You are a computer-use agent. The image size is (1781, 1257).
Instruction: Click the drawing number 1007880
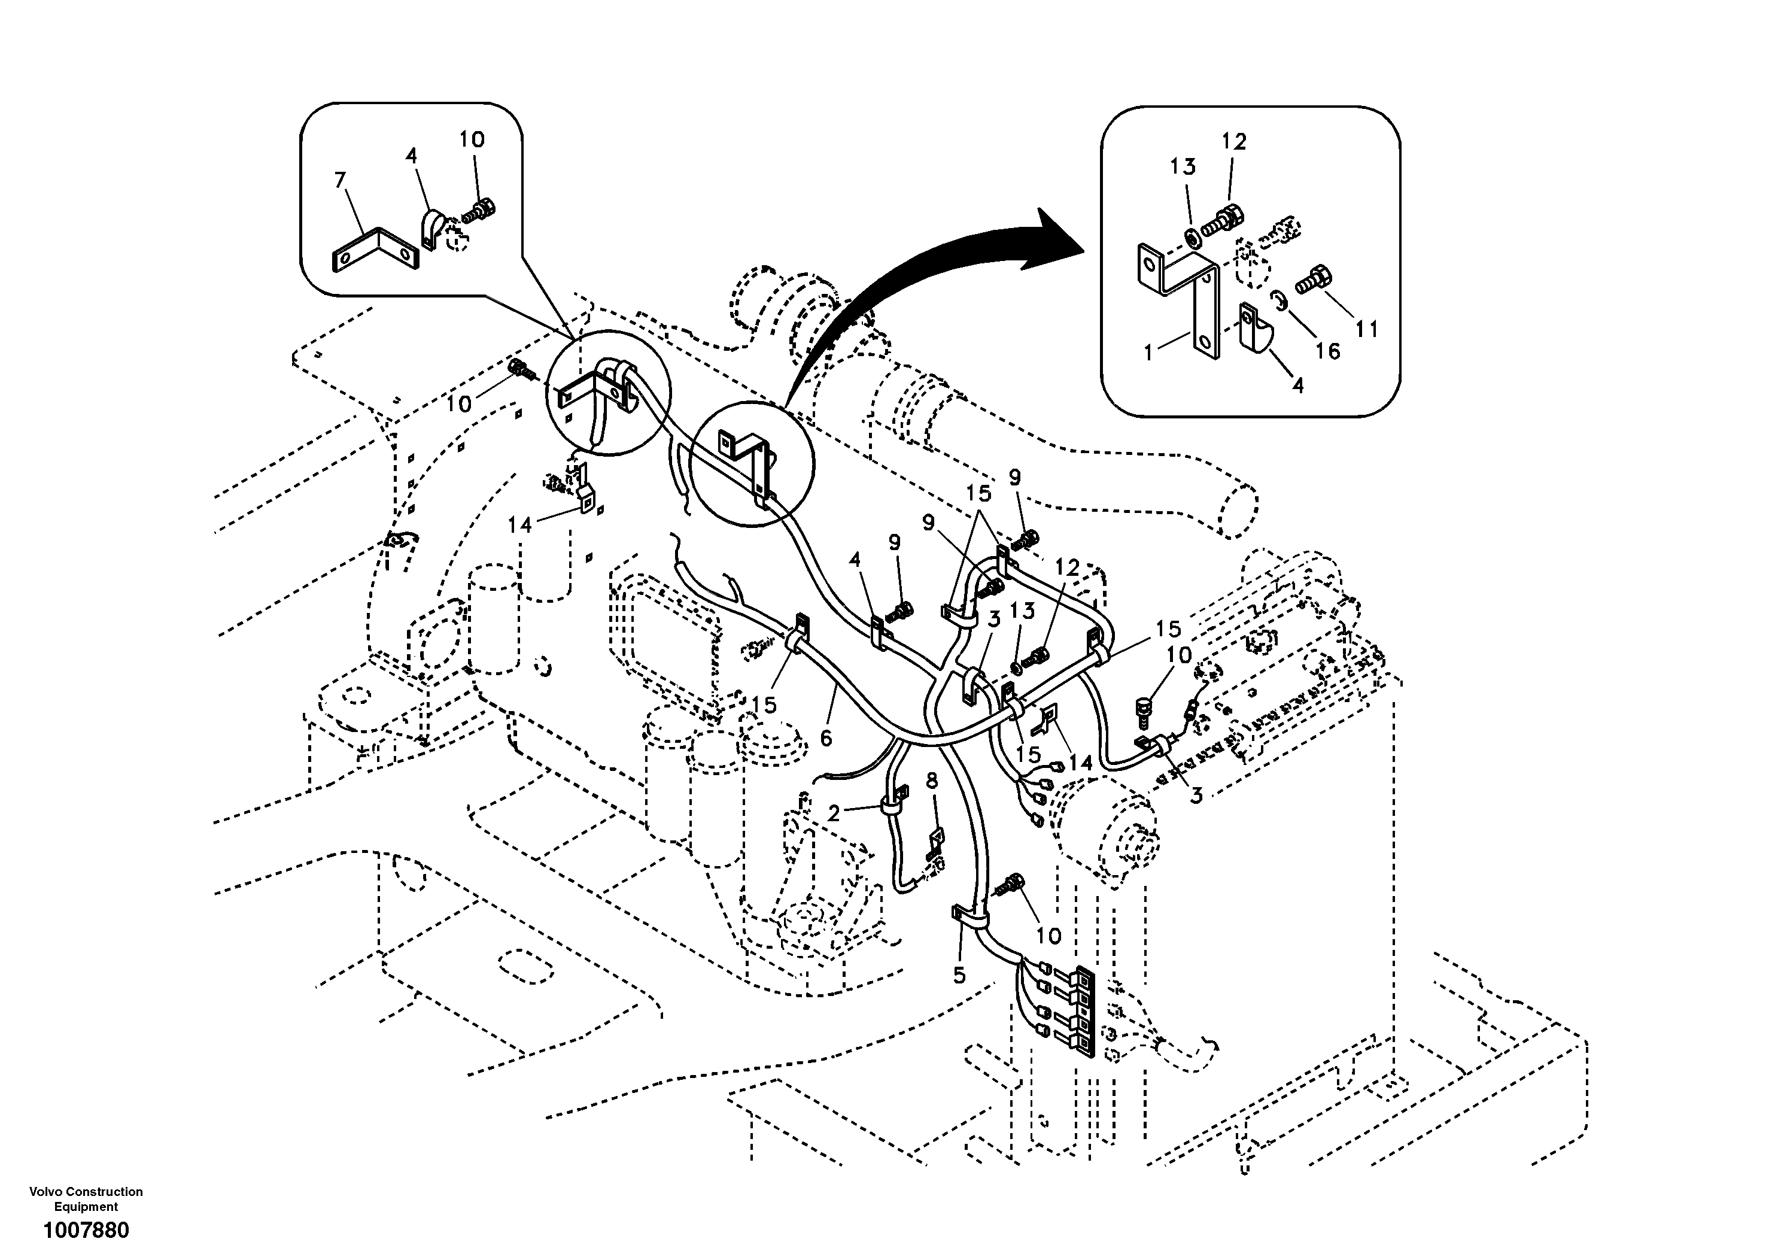click(86, 1231)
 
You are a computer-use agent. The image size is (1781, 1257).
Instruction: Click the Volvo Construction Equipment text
click(86, 1199)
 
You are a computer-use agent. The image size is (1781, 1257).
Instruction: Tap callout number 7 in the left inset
click(340, 180)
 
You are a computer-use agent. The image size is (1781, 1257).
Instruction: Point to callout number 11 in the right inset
click(1367, 329)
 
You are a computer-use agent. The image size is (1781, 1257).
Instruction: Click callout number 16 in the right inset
click(1328, 351)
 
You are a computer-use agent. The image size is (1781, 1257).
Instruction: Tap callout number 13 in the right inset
click(1184, 166)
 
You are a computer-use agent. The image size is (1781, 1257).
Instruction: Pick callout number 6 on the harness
click(826, 738)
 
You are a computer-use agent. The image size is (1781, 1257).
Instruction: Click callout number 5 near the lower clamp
click(959, 974)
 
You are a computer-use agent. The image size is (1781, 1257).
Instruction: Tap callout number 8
click(932, 781)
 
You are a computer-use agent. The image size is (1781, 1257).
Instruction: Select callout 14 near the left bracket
click(519, 526)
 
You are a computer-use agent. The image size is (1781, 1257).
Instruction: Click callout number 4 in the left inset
click(411, 156)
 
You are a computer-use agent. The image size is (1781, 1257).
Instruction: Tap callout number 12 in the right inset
click(1233, 142)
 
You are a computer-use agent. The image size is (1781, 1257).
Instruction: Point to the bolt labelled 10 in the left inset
click(482, 209)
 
